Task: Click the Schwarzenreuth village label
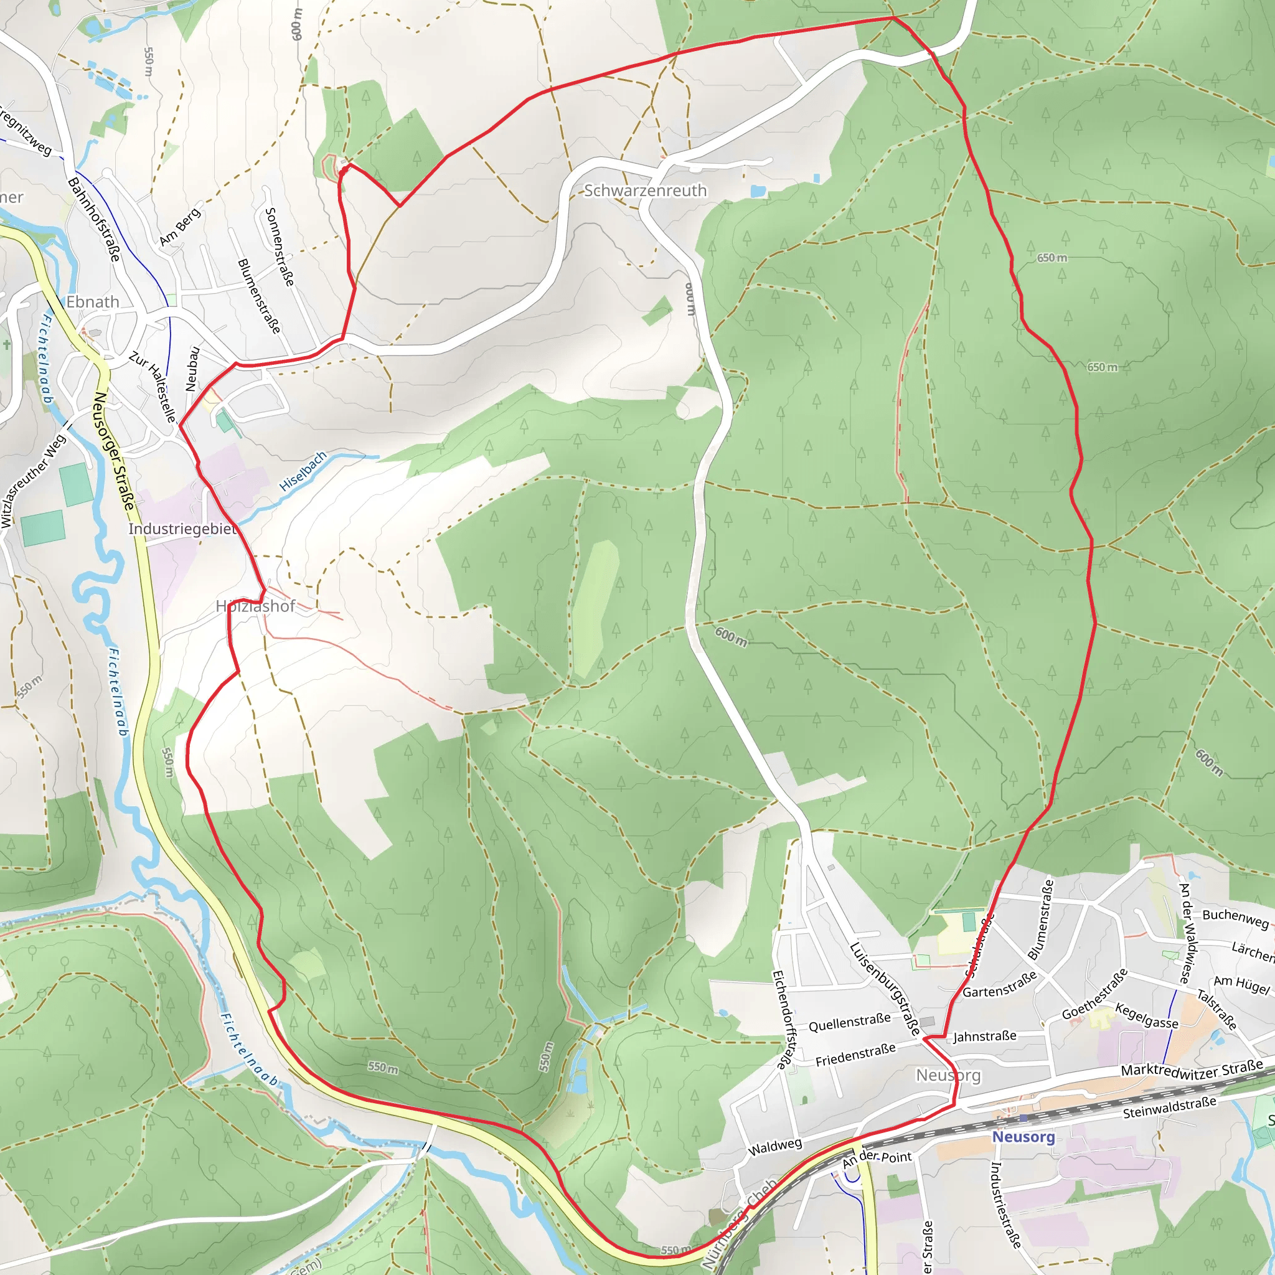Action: coord(645,191)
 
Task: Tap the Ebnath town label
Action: coord(93,301)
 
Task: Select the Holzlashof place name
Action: coord(255,606)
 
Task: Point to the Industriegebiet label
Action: coord(182,529)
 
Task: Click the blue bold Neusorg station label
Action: coord(1023,1136)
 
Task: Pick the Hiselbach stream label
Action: coord(303,471)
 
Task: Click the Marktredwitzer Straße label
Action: coord(1192,1068)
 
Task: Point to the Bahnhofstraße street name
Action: coord(95,219)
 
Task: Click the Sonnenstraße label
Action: coord(278,247)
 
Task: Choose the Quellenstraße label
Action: coord(849,1023)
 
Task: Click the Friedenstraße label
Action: coord(855,1055)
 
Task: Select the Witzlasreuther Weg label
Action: coord(33,481)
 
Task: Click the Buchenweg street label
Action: coord(1235,918)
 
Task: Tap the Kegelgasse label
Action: coord(1146,1015)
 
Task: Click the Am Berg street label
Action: coord(179,227)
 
